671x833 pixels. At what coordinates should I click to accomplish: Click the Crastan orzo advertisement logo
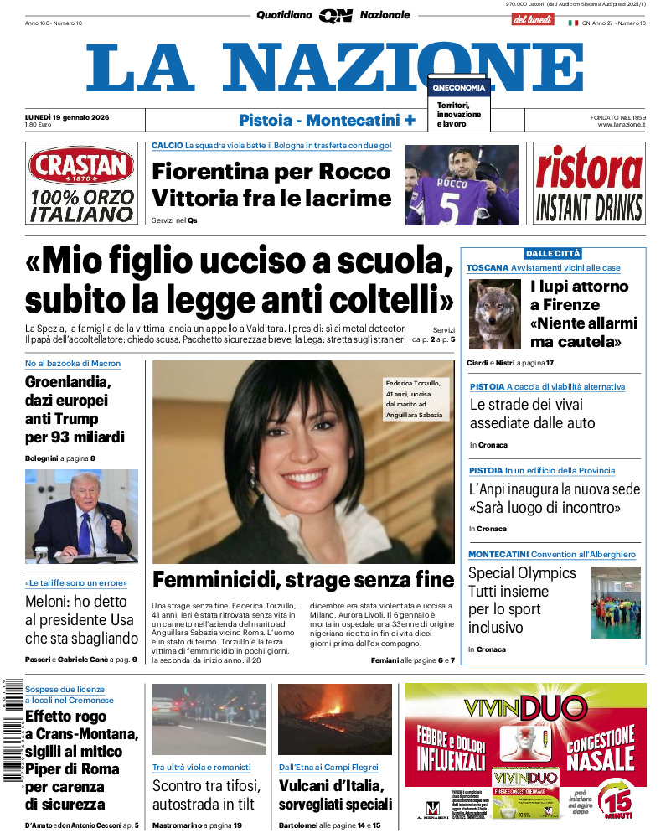pyautogui.click(x=81, y=166)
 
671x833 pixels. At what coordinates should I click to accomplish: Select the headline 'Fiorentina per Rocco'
pyautogui.click(x=271, y=171)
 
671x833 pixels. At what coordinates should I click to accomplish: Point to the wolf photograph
pyautogui.click(x=495, y=313)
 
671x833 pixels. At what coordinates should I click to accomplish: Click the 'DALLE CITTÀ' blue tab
pyautogui.click(x=552, y=253)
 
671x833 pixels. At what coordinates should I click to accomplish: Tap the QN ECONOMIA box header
pyautogui.click(x=459, y=87)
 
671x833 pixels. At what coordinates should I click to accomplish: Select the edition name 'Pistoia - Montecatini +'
pyautogui.click(x=327, y=120)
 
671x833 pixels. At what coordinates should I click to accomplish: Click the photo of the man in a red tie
pyautogui.click(x=81, y=516)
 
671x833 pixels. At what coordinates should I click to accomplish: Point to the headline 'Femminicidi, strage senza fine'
pyautogui.click(x=303, y=579)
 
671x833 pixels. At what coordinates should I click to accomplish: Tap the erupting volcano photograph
pyautogui.click(x=334, y=719)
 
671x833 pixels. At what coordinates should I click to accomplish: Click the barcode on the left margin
pyautogui.click(x=9, y=730)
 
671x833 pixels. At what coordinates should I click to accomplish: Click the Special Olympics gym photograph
pyautogui.click(x=616, y=603)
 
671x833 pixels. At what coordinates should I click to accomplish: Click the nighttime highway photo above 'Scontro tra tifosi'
pyautogui.click(x=209, y=717)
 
